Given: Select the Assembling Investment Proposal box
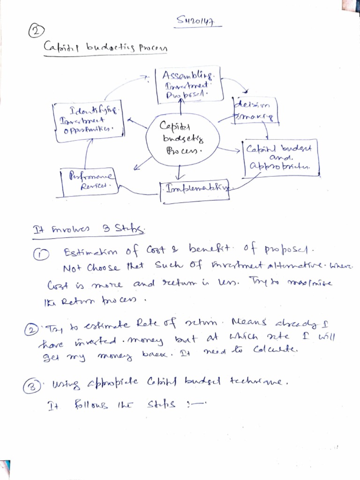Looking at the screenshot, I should [186, 85].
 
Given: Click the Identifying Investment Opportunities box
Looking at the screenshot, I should [89, 119].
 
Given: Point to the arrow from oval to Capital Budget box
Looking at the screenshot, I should [231, 150].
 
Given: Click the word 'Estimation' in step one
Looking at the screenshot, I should [87, 253].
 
